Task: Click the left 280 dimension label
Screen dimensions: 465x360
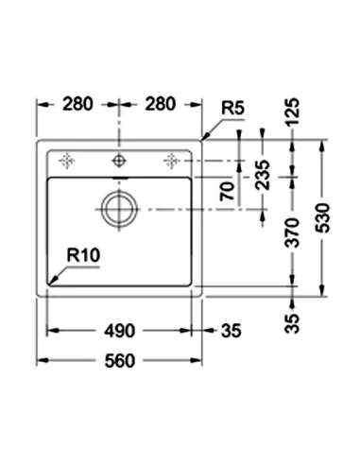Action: [x=77, y=105]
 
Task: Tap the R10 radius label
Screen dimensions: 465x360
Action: [x=84, y=254]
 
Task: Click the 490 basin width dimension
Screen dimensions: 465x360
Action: [x=119, y=331]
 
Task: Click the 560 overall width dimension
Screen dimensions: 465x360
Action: [x=119, y=362]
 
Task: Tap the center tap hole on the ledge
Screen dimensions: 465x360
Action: [x=119, y=159]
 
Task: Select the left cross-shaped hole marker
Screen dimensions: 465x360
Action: [x=68, y=158]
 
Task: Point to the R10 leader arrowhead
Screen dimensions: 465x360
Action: [x=55, y=280]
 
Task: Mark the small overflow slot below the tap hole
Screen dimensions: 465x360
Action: [x=119, y=175]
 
